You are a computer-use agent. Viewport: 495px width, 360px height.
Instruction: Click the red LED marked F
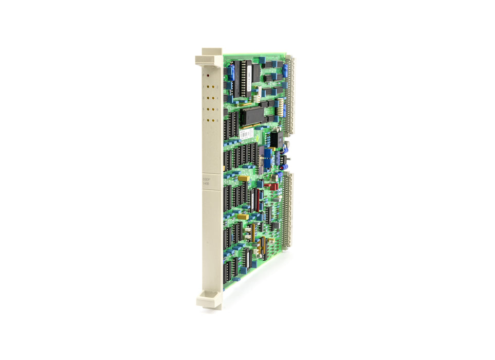(208, 74)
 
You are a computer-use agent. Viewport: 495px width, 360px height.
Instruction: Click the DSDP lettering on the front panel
(206, 180)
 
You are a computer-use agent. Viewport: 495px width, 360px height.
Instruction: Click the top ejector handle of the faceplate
(209, 59)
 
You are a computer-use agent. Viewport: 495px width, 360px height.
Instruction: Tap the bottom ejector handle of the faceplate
(209, 300)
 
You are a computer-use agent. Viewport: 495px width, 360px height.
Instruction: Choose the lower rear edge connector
(285, 211)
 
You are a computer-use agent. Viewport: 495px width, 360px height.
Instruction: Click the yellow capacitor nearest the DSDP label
(243, 178)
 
